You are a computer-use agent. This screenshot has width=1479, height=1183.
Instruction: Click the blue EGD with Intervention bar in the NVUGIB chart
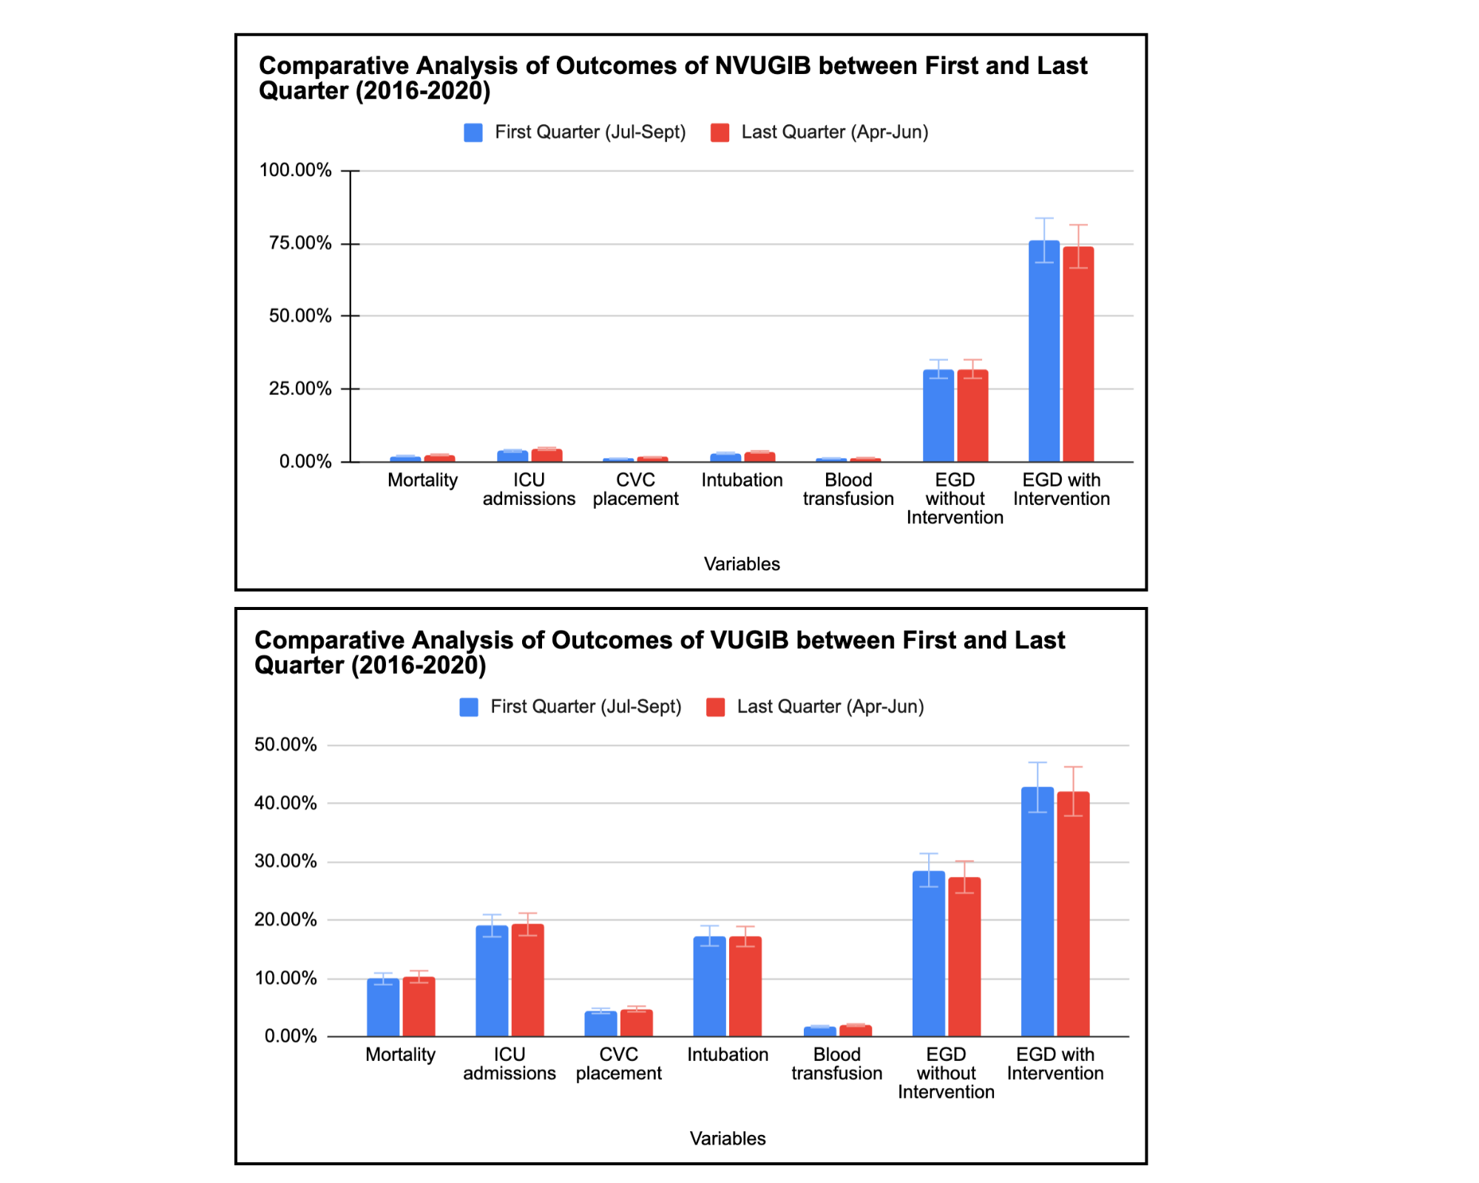click(1044, 351)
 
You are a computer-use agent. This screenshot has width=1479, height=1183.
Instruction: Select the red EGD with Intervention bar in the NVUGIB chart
click(1078, 354)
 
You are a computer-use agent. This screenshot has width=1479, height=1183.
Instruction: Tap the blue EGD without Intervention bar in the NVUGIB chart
click(938, 416)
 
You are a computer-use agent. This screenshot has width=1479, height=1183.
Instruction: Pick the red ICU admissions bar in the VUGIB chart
click(527, 980)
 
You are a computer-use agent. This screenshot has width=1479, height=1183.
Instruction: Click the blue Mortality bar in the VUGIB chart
click(383, 1008)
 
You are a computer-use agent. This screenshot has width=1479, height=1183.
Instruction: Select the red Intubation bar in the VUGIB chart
click(745, 986)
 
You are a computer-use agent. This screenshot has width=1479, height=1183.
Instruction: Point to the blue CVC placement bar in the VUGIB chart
click(600, 1024)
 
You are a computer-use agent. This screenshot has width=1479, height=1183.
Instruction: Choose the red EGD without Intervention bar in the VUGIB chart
click(964, 957)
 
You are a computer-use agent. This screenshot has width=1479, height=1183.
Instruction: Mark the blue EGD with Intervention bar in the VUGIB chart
click(1038, 912)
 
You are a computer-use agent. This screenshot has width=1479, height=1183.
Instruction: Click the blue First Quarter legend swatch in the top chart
click(473, 132)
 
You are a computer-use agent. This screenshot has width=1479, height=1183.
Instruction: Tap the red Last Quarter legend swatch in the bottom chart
click(716, 707)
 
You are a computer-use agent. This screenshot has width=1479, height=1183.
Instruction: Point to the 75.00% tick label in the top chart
click(300, 243)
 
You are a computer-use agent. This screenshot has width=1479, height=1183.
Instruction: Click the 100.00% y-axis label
click(295, 170)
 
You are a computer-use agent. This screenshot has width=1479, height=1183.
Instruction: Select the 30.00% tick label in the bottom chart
click(285, 861)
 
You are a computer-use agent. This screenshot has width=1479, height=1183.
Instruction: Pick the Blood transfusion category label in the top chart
click(848, 489)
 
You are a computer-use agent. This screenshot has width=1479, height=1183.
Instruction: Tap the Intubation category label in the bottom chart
click(728, 1054)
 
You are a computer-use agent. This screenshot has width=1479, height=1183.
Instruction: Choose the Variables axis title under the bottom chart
click(728, 1139)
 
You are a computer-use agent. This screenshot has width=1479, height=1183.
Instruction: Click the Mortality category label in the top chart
click(423, 480)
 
